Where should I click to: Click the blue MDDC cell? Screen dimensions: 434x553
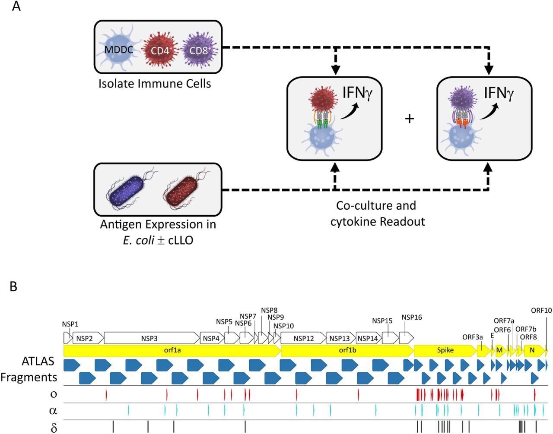pyautogui.click(x=119, y=50)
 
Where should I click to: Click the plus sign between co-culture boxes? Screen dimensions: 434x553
pyautogui.click(x=409, y=118)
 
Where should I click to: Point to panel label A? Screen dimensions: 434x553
pyautogui.click(x=16, y=7)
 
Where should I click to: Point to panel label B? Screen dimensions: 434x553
pyautogui.click(x=13, y=286)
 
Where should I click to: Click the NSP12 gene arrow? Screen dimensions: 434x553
pyautogui.click(x=303, y=338)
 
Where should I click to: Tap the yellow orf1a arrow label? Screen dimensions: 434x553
pyautogui.click(x=172, y=350)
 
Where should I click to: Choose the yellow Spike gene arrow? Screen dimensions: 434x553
pyautogui.click(x=445, y=350)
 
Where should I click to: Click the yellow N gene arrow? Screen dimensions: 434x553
pyautogui.click(x=532, y=350)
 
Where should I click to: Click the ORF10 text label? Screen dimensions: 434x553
pyautogui.click(x=541, y=310)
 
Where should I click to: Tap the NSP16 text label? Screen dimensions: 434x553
pyautogui.click(x=411, y=318)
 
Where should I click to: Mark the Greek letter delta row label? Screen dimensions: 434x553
pyautogui.click(x=54, y=428)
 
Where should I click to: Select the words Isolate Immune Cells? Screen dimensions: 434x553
pyautogui.click(x=155, y=83)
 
